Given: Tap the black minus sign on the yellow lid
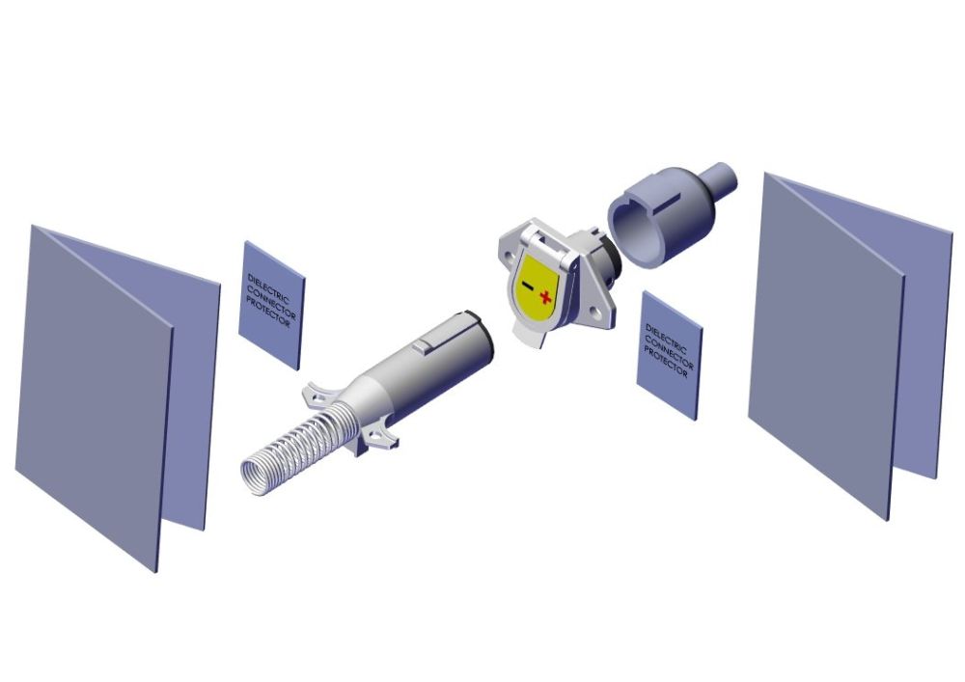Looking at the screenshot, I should [526, 286].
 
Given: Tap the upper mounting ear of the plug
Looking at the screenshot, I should [318, 393].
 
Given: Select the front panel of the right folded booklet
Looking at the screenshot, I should [825, 347].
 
